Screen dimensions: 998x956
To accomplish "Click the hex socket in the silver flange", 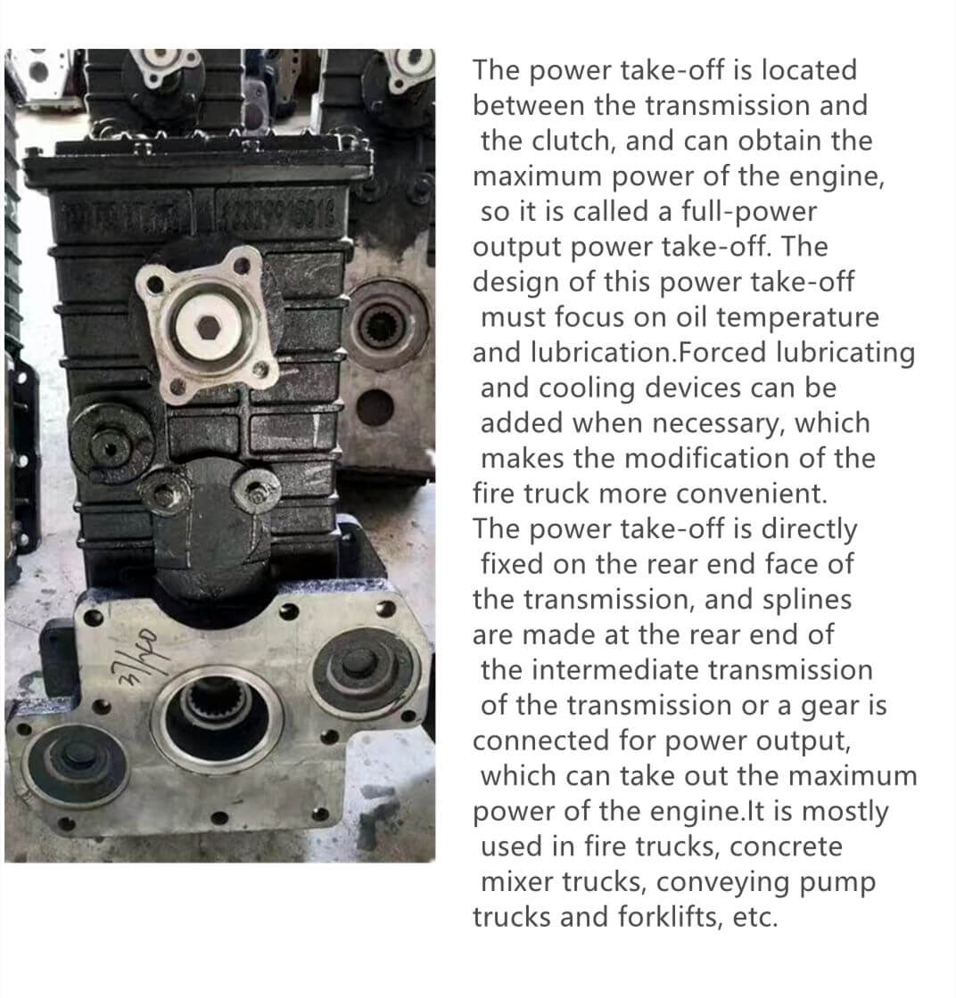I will click(x=210, y=327).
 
